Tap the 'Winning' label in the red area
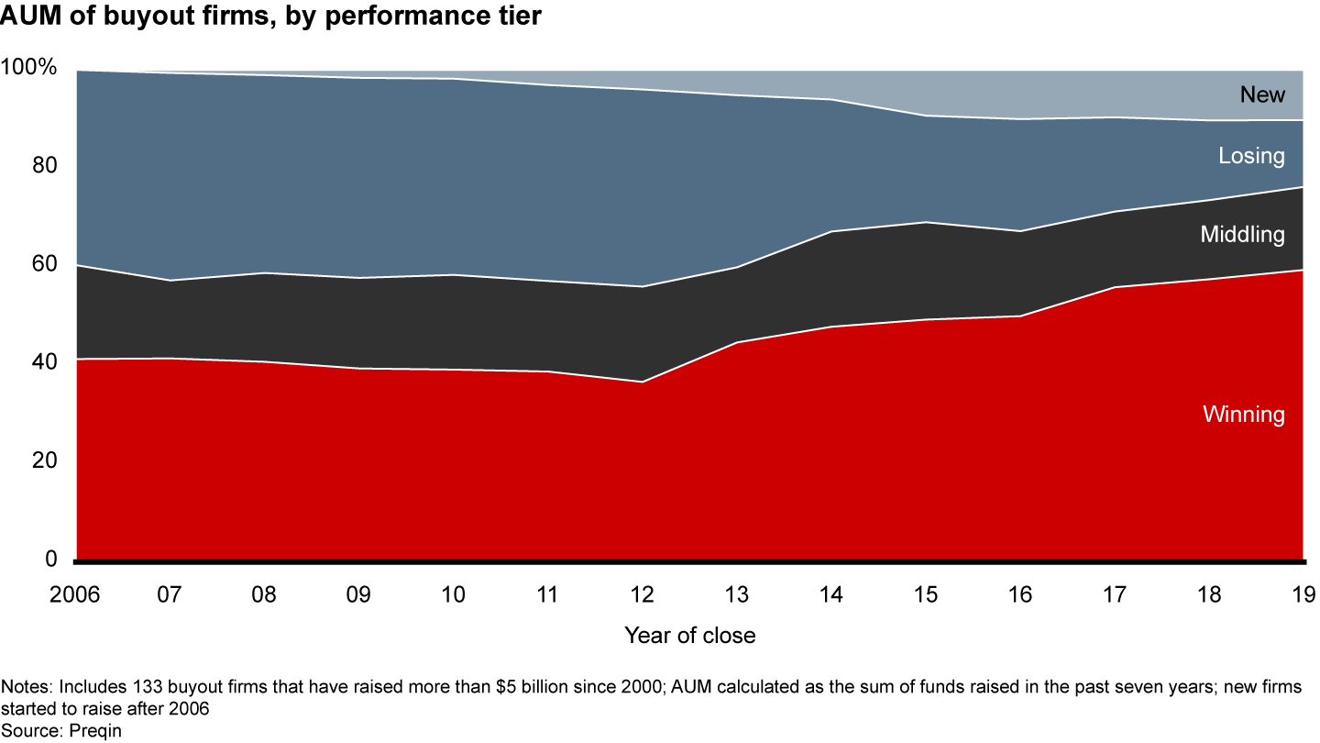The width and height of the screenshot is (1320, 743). [x=1243, y=415]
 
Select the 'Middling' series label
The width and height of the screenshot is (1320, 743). [x=1242, y=235]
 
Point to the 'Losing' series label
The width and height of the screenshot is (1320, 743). [x=1251, y=156]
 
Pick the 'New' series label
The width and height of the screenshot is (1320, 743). [x=1262, y=94]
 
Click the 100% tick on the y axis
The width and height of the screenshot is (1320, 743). [x=29, y=69]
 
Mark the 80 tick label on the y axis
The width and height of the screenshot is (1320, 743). [x=42, y=167]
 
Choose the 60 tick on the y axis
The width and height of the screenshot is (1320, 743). [x=42, y=265]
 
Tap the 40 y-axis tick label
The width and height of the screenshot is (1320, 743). [x=42, y=363]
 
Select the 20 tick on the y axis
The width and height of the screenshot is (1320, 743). [x=42, y=461]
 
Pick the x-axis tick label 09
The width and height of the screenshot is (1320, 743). [x=358, y=594]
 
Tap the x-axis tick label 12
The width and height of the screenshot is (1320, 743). [x=642, y=594]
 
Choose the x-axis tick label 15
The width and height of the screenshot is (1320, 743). [x=925, y=594]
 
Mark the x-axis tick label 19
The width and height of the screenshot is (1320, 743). [x=1302, y=594]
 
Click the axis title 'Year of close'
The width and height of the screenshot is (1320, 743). [x=689, y=636]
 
